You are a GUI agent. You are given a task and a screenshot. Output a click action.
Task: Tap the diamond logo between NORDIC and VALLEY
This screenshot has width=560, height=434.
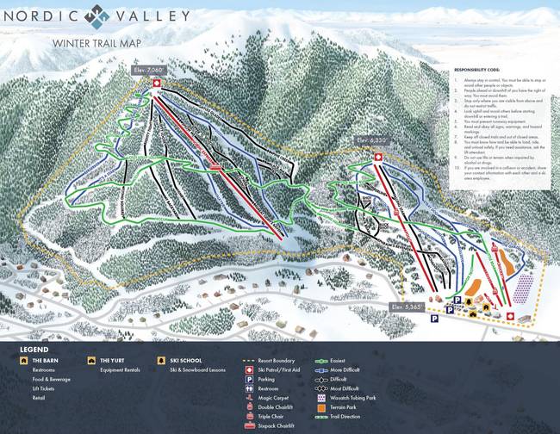pos(103,15)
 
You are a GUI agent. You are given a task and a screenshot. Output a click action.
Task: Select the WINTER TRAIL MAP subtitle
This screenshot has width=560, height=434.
pos(95,43)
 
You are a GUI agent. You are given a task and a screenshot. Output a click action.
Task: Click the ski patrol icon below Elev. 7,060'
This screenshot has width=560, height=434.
pos(156,83)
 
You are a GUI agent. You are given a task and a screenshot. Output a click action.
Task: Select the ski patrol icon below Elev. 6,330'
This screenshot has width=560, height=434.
pos(376,157)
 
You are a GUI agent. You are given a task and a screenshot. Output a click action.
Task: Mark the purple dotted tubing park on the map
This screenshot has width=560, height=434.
pos(524,288)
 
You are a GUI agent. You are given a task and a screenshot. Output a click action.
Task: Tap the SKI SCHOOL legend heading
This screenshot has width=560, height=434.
pos(183,360)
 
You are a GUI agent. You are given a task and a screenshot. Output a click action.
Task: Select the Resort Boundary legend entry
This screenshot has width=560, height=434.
pos(276,360)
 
